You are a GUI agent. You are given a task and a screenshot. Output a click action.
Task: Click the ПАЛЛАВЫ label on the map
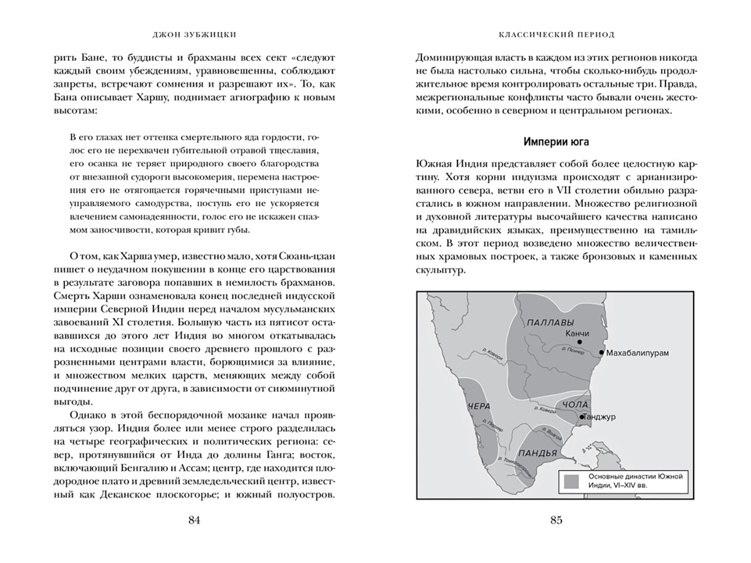point(551,322)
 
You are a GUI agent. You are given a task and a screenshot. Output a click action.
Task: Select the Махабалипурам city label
point(637,353)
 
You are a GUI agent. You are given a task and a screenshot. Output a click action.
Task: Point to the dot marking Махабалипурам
point(601,353)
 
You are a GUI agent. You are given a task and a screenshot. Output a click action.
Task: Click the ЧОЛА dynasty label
point(575,405)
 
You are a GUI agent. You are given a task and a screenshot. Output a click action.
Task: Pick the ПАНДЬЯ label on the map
point(538,452)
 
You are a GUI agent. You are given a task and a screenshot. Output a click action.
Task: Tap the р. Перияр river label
point(491,427)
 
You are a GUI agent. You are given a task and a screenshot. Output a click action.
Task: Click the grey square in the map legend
point(571,481)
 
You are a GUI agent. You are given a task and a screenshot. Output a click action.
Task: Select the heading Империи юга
point(556,142)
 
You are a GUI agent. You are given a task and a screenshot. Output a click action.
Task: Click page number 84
point(194,520)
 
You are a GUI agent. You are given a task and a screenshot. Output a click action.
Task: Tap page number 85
point(556,520)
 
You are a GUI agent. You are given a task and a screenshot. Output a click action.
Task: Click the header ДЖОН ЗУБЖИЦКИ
point(193,35)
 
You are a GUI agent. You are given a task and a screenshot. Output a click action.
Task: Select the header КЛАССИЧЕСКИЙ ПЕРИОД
point(556,35)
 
